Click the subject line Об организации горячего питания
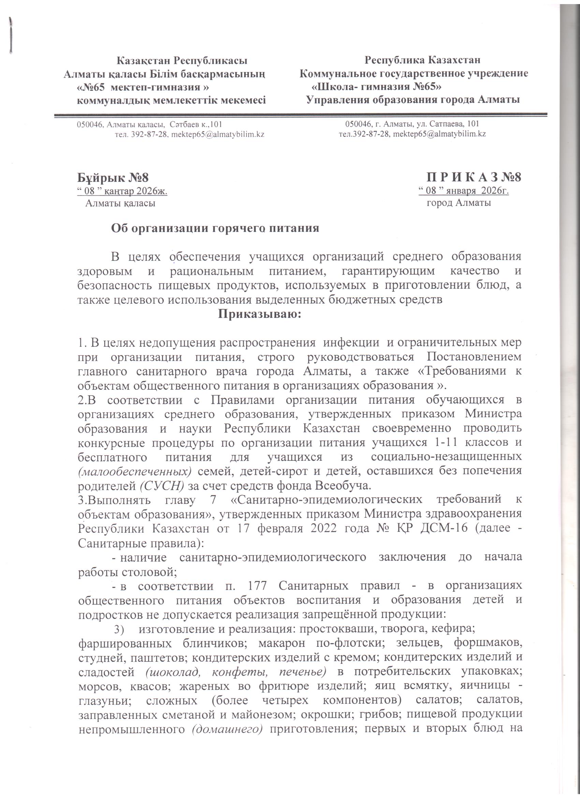click(215, 228)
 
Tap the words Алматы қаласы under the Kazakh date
click(120, 203)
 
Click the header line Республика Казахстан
click(422, 60)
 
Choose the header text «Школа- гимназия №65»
click(377, 87)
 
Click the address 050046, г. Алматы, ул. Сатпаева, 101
click(412, 124)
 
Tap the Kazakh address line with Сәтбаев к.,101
click(149, 124)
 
